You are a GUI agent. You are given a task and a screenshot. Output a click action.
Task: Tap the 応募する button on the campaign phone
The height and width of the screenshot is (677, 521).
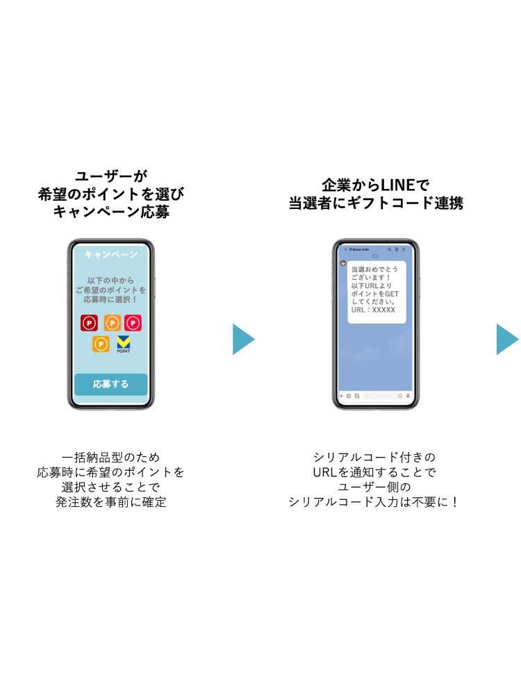click(x=111, y=384)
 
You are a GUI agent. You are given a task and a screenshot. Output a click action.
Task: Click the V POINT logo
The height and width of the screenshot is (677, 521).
click(x=124, y=344)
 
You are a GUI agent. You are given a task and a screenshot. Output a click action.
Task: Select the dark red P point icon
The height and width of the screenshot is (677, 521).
click(x=89, y=323)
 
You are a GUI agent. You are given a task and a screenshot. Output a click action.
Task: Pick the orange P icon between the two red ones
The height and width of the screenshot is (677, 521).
click(x=112, y=323)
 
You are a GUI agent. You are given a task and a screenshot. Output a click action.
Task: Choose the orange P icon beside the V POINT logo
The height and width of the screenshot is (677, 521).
click(x=101, y=344)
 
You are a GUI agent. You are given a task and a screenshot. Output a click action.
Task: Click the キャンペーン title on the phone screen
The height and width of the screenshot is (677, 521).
click(x=111, y=255)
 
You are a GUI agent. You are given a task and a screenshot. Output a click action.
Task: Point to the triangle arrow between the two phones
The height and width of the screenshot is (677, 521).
click(x=242, y=339)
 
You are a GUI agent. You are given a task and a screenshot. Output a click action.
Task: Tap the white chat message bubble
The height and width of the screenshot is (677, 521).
click(x=377, y=292)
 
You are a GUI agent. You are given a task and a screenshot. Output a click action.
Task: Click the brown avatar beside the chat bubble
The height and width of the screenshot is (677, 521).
click(x=343, y=265)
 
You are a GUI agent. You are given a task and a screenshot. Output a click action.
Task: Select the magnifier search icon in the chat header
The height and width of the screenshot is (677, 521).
click(x=390, y=249)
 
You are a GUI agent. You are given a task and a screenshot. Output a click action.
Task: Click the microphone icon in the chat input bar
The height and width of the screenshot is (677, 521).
click(x=408, y=396)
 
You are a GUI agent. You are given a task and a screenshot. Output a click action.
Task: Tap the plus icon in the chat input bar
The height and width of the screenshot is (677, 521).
click(x=342, y=396)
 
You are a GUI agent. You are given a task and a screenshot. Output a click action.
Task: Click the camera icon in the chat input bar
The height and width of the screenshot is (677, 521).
click(x=349, y=396)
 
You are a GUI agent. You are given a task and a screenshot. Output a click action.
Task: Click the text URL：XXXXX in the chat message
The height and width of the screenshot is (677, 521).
click(x=373, y=310)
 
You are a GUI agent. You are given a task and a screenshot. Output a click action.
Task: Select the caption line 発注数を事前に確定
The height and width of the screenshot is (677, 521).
click(x=111, y=502)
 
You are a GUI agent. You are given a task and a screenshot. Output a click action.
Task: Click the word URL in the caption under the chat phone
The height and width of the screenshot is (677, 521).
click(x=324, y=472)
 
